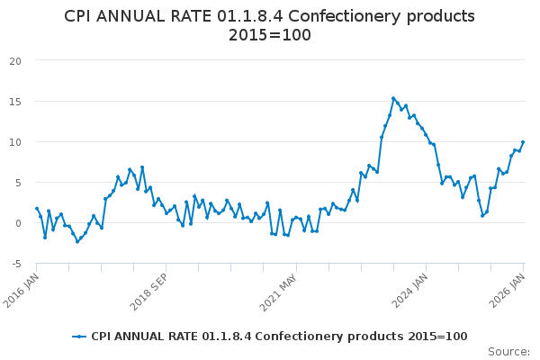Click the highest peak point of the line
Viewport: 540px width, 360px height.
pos(393,98)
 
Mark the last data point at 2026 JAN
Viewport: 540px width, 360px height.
pos(523,142)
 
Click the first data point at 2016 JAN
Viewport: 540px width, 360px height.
pos(37,209)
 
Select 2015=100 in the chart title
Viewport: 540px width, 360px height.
pos(270,36)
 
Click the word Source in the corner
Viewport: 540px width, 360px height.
pos(508,352)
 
